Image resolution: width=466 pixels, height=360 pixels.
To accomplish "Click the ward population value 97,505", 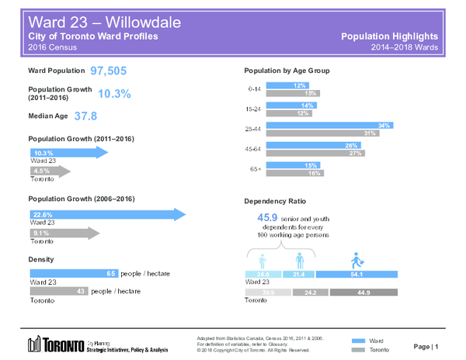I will tap(114, 71).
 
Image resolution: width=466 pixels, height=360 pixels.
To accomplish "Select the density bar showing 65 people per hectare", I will tap(75, 274).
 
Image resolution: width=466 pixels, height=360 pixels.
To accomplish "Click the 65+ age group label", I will tap(254, 168).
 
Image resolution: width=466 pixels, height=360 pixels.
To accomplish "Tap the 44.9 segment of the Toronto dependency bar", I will tap(363, 292).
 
